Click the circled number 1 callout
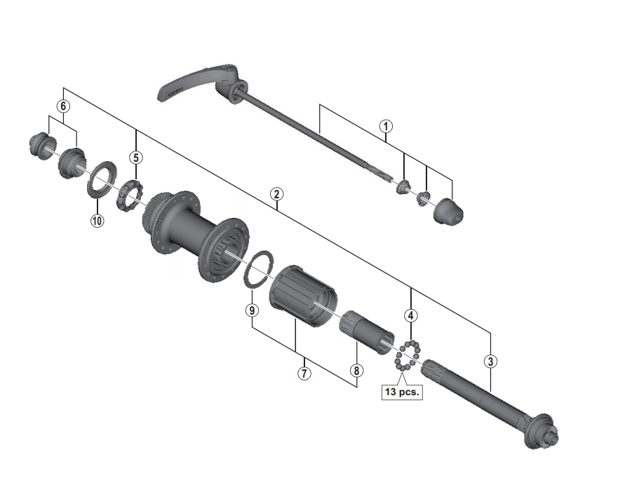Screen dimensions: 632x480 pyautogui.click(x=386, y=126)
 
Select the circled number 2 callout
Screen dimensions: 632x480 pyautogui.click(x=276, y=194)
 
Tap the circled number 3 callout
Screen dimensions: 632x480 pyautogui.click(x=490, y=361)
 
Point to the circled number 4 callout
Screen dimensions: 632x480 pyautogui.click(x=411, y=315)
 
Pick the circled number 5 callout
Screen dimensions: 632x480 pyautogui.click(x=136, y=158)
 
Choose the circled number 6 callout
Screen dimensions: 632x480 pyautogui.click(x=63, y=107)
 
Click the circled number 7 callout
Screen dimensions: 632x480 pyautogui.click(x=304, y=373)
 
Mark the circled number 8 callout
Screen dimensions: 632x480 pyautogui.click(x=356, y=371)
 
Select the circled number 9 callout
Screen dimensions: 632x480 pyautogui.click(x=252, y=310)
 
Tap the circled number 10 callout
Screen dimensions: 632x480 pyautogui.click(x=97, y=221)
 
